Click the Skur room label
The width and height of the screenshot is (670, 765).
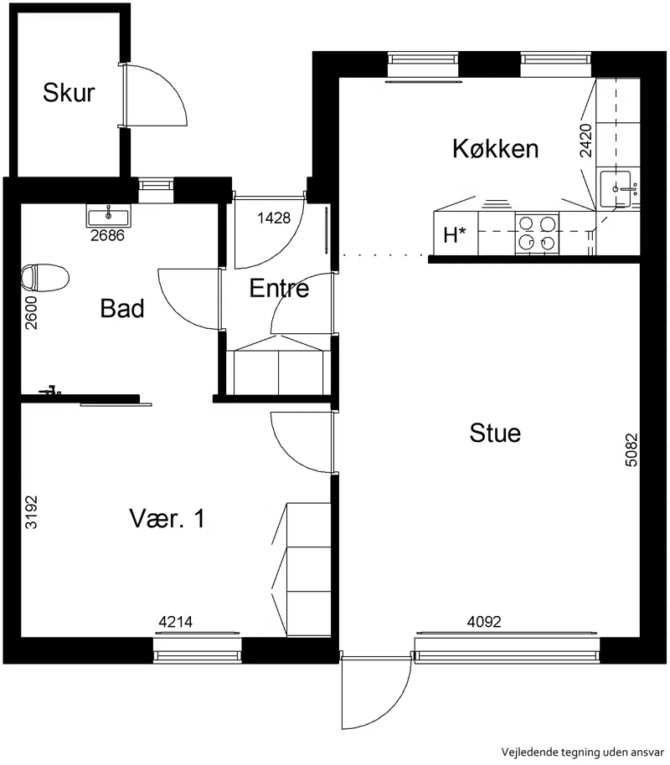tap(69, 92)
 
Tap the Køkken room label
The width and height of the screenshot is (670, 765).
tap(495, 148)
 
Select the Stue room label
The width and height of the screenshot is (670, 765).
tap(495, 433)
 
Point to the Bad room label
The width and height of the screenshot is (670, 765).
tap(122, 308)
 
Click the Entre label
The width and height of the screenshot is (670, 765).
tap(279, 288)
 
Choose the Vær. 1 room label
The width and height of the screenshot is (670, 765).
tap(167, 518)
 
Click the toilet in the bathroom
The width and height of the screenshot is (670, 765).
tap(45, 278)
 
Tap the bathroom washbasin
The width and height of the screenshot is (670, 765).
tap(109, 215)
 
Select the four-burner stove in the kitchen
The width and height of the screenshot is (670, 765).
tap(537, 234)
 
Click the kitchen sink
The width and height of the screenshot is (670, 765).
tap(616, 188)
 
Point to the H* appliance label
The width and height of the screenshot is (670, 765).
tap(454, 234)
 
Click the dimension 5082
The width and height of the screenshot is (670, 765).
tap(631, 449)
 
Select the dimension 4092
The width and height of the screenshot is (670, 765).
tap(484, 622)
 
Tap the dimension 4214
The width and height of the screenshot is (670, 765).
tap(176, 622)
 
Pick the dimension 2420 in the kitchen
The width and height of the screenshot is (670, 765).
tap(585, 141)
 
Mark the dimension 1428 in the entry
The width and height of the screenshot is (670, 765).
tap(274, 218)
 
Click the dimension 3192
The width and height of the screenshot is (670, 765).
tap(31, 512)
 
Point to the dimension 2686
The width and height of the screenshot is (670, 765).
tap(107, 236)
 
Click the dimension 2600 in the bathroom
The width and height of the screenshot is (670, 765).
tap(31, 313)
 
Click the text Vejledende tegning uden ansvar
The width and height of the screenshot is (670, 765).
tap(583, 752)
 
